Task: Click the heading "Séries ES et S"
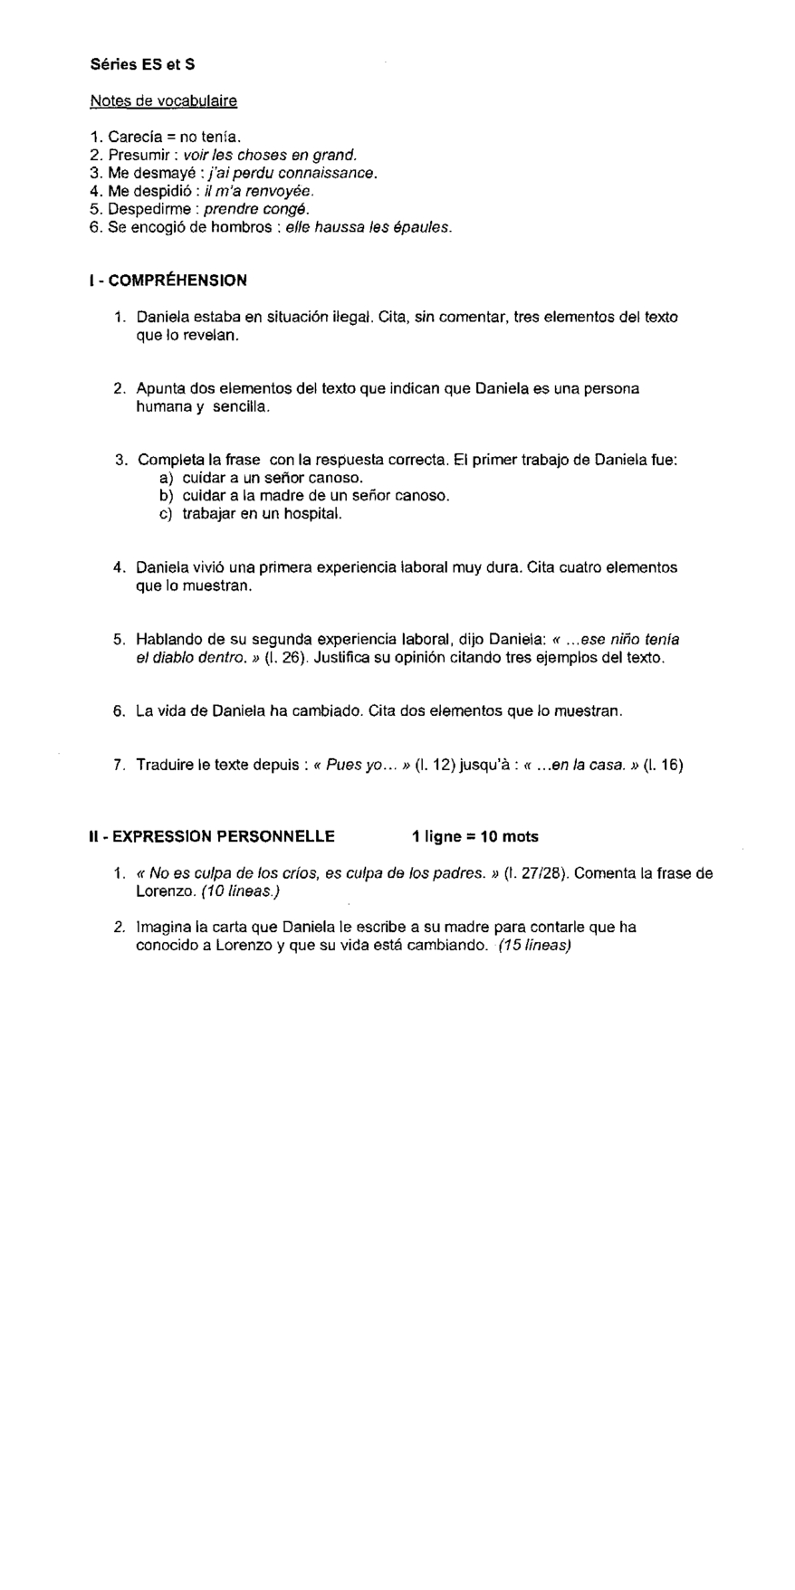(142, 65)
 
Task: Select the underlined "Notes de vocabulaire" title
(163, 101)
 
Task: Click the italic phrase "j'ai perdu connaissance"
(294, 173)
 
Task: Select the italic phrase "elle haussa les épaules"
(368, 227)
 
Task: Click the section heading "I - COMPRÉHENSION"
(168, 281)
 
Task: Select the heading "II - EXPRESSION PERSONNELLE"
(212, 836)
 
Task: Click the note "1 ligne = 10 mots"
(474, 836)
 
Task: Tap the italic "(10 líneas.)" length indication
(240, 891)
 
